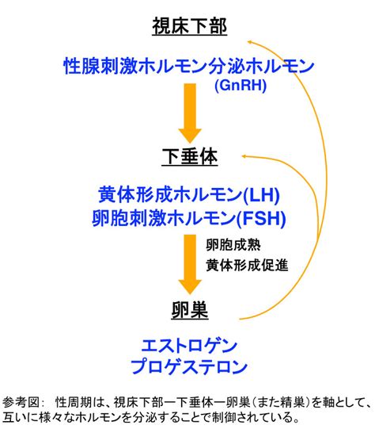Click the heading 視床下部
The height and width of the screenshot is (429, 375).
pyautogui.click(x=190, y=26)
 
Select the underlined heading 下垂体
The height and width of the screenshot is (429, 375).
pyautogui.click(x=190, y=156)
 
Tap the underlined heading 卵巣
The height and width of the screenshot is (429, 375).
pyautogui.click(x=190, y=310)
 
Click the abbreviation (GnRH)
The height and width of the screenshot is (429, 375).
pyautogui.click(x=241, y=86)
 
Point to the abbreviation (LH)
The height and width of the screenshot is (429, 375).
pyautogui.click(x=261, y=195)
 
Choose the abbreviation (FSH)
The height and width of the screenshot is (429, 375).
pyautogui.click(x=261, y=219)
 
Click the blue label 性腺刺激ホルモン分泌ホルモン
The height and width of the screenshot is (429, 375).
pyautogui.click(x=189, y=66)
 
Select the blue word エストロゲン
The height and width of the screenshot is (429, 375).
pyautogui.click(x=189, y=346)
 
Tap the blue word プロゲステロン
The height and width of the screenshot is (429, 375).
pyautogui.click(x=189, y=366)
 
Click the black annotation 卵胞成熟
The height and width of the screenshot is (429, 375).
pyautogui.click(x=233, y=244)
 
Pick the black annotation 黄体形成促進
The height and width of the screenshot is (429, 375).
pyautogui.click(x=247, y=265)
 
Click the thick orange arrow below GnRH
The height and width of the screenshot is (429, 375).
pyautogui.click(x=190, y=113)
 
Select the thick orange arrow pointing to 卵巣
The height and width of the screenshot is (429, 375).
pyautogui.click(x=190, y=264)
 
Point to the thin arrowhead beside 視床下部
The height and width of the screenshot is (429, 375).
pyautogui.click(x=249, y=41)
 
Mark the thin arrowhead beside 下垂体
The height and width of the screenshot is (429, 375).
pyautogui.click(x=244, y=156)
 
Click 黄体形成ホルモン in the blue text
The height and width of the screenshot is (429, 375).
pyautogui.click(x=170, y=195)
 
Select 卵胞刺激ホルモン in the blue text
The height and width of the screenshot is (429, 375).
pyautogui.click(x=165, y=219)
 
